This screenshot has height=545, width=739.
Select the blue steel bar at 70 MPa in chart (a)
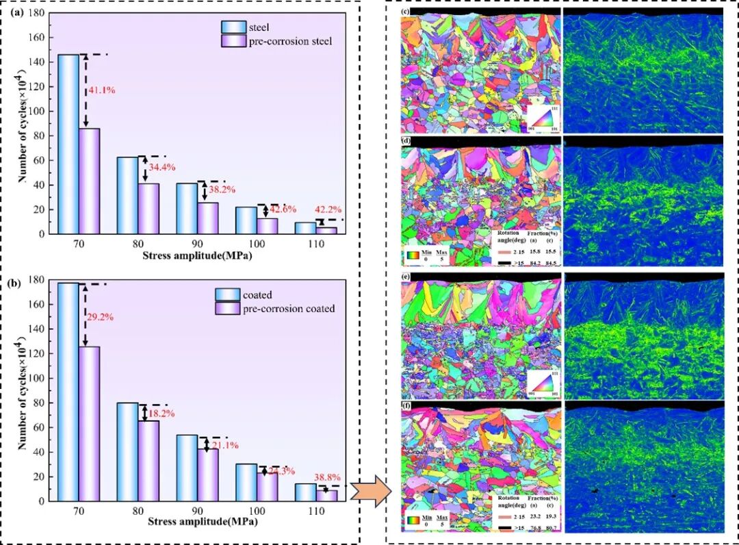click(x=68, y=144)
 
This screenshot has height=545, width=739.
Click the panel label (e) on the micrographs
click(x=406, y=279)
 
